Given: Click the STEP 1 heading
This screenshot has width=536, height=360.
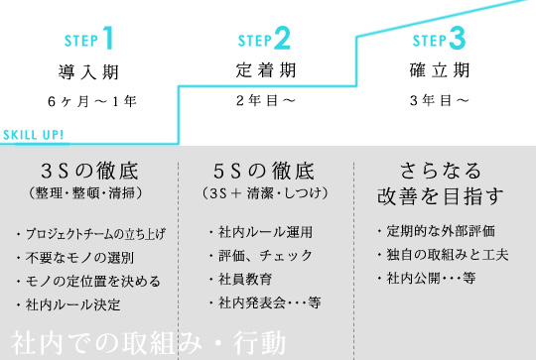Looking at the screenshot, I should [89, 39].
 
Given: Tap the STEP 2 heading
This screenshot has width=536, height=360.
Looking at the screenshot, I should [264, 40].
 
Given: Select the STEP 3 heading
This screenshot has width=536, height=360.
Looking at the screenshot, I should [438, 40].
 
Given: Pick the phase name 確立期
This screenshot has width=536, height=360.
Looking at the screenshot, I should [438, 72].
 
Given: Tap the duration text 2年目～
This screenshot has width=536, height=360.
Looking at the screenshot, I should [264, 101].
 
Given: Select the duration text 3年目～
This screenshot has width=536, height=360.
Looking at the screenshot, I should [439, 101].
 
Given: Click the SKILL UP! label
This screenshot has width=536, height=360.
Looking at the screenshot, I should [34, 135].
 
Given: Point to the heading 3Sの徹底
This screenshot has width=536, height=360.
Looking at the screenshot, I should [90, 168].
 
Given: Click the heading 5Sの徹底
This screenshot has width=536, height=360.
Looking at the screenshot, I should [264, 168].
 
